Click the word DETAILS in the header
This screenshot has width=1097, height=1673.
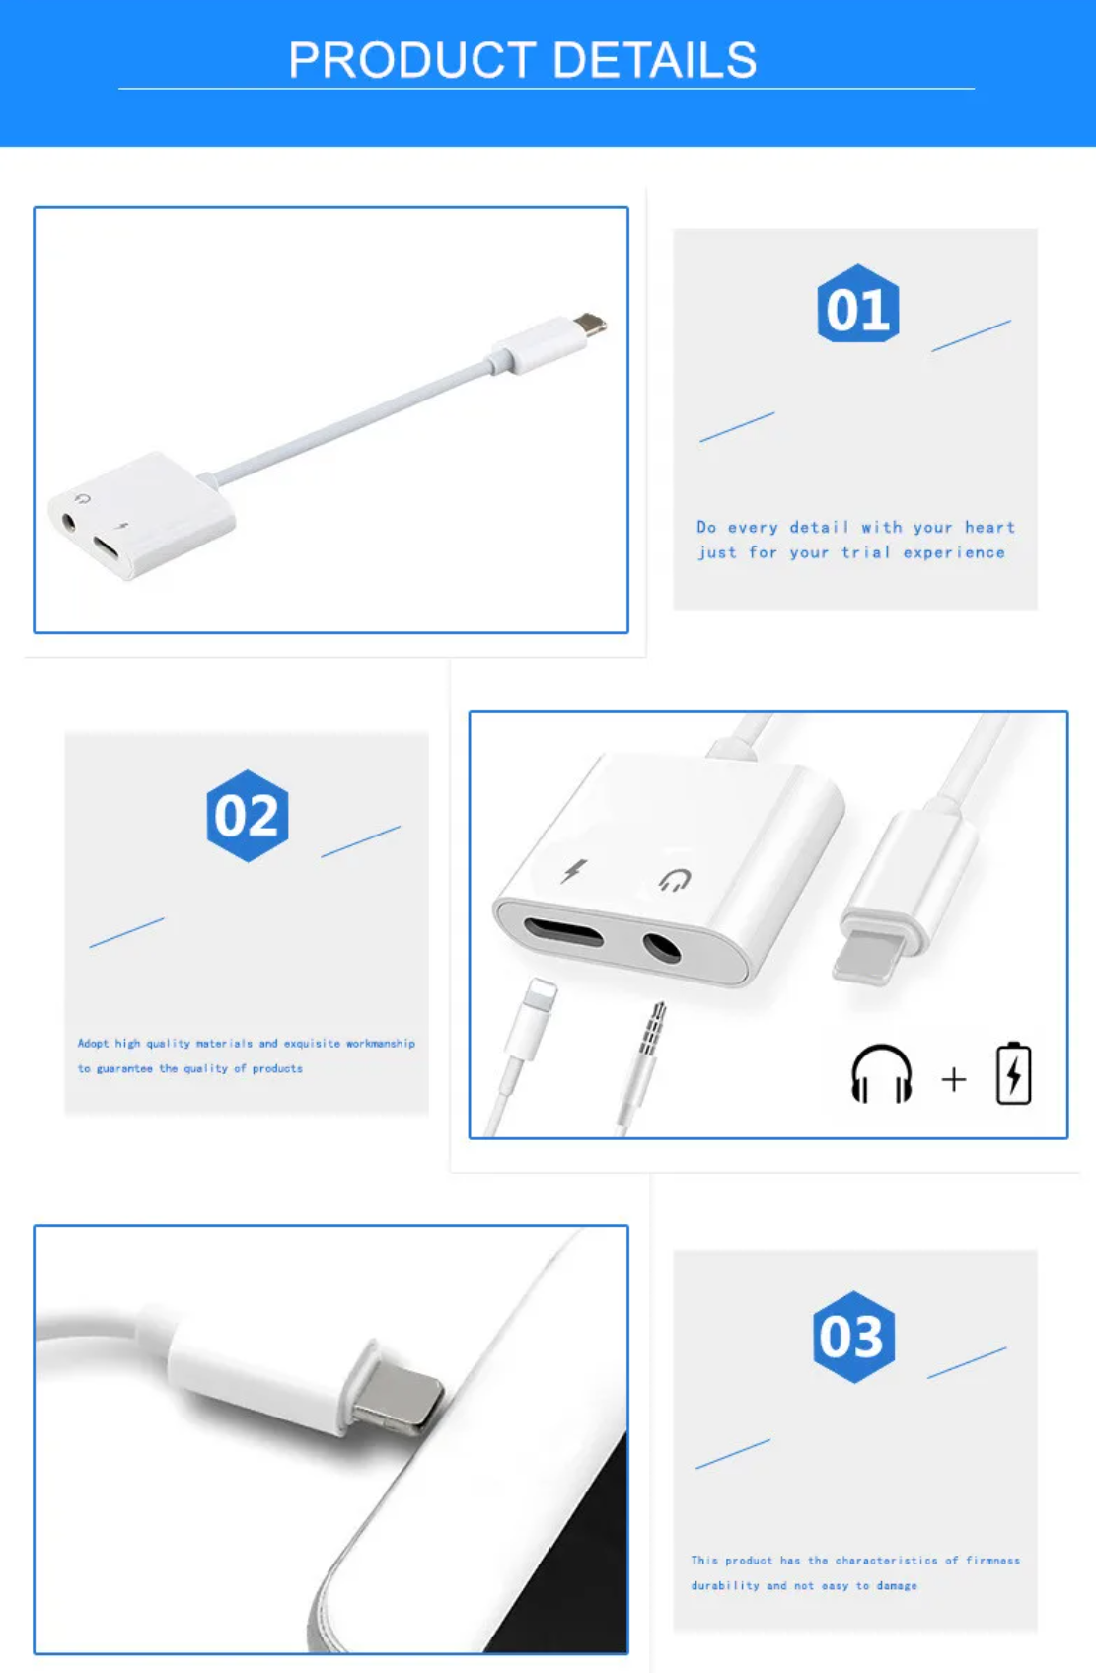655,60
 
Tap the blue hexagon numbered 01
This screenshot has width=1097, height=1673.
858,303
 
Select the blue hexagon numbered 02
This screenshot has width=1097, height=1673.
248,815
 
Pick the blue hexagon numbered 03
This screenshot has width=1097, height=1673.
853,1337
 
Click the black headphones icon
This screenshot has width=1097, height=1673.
881,1073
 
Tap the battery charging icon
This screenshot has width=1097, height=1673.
1013,1073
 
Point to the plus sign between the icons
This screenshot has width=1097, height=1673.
954,1079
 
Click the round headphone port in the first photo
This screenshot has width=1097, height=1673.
69,521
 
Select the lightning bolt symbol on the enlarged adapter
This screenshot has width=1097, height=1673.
574,870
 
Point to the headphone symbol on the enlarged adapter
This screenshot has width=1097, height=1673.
675,880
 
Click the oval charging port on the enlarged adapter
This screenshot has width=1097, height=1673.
563,932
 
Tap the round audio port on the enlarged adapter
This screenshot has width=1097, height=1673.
662,947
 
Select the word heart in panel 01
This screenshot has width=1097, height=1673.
990,528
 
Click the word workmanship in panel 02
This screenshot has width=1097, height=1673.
380,1043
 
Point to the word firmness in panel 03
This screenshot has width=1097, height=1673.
992,1560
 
